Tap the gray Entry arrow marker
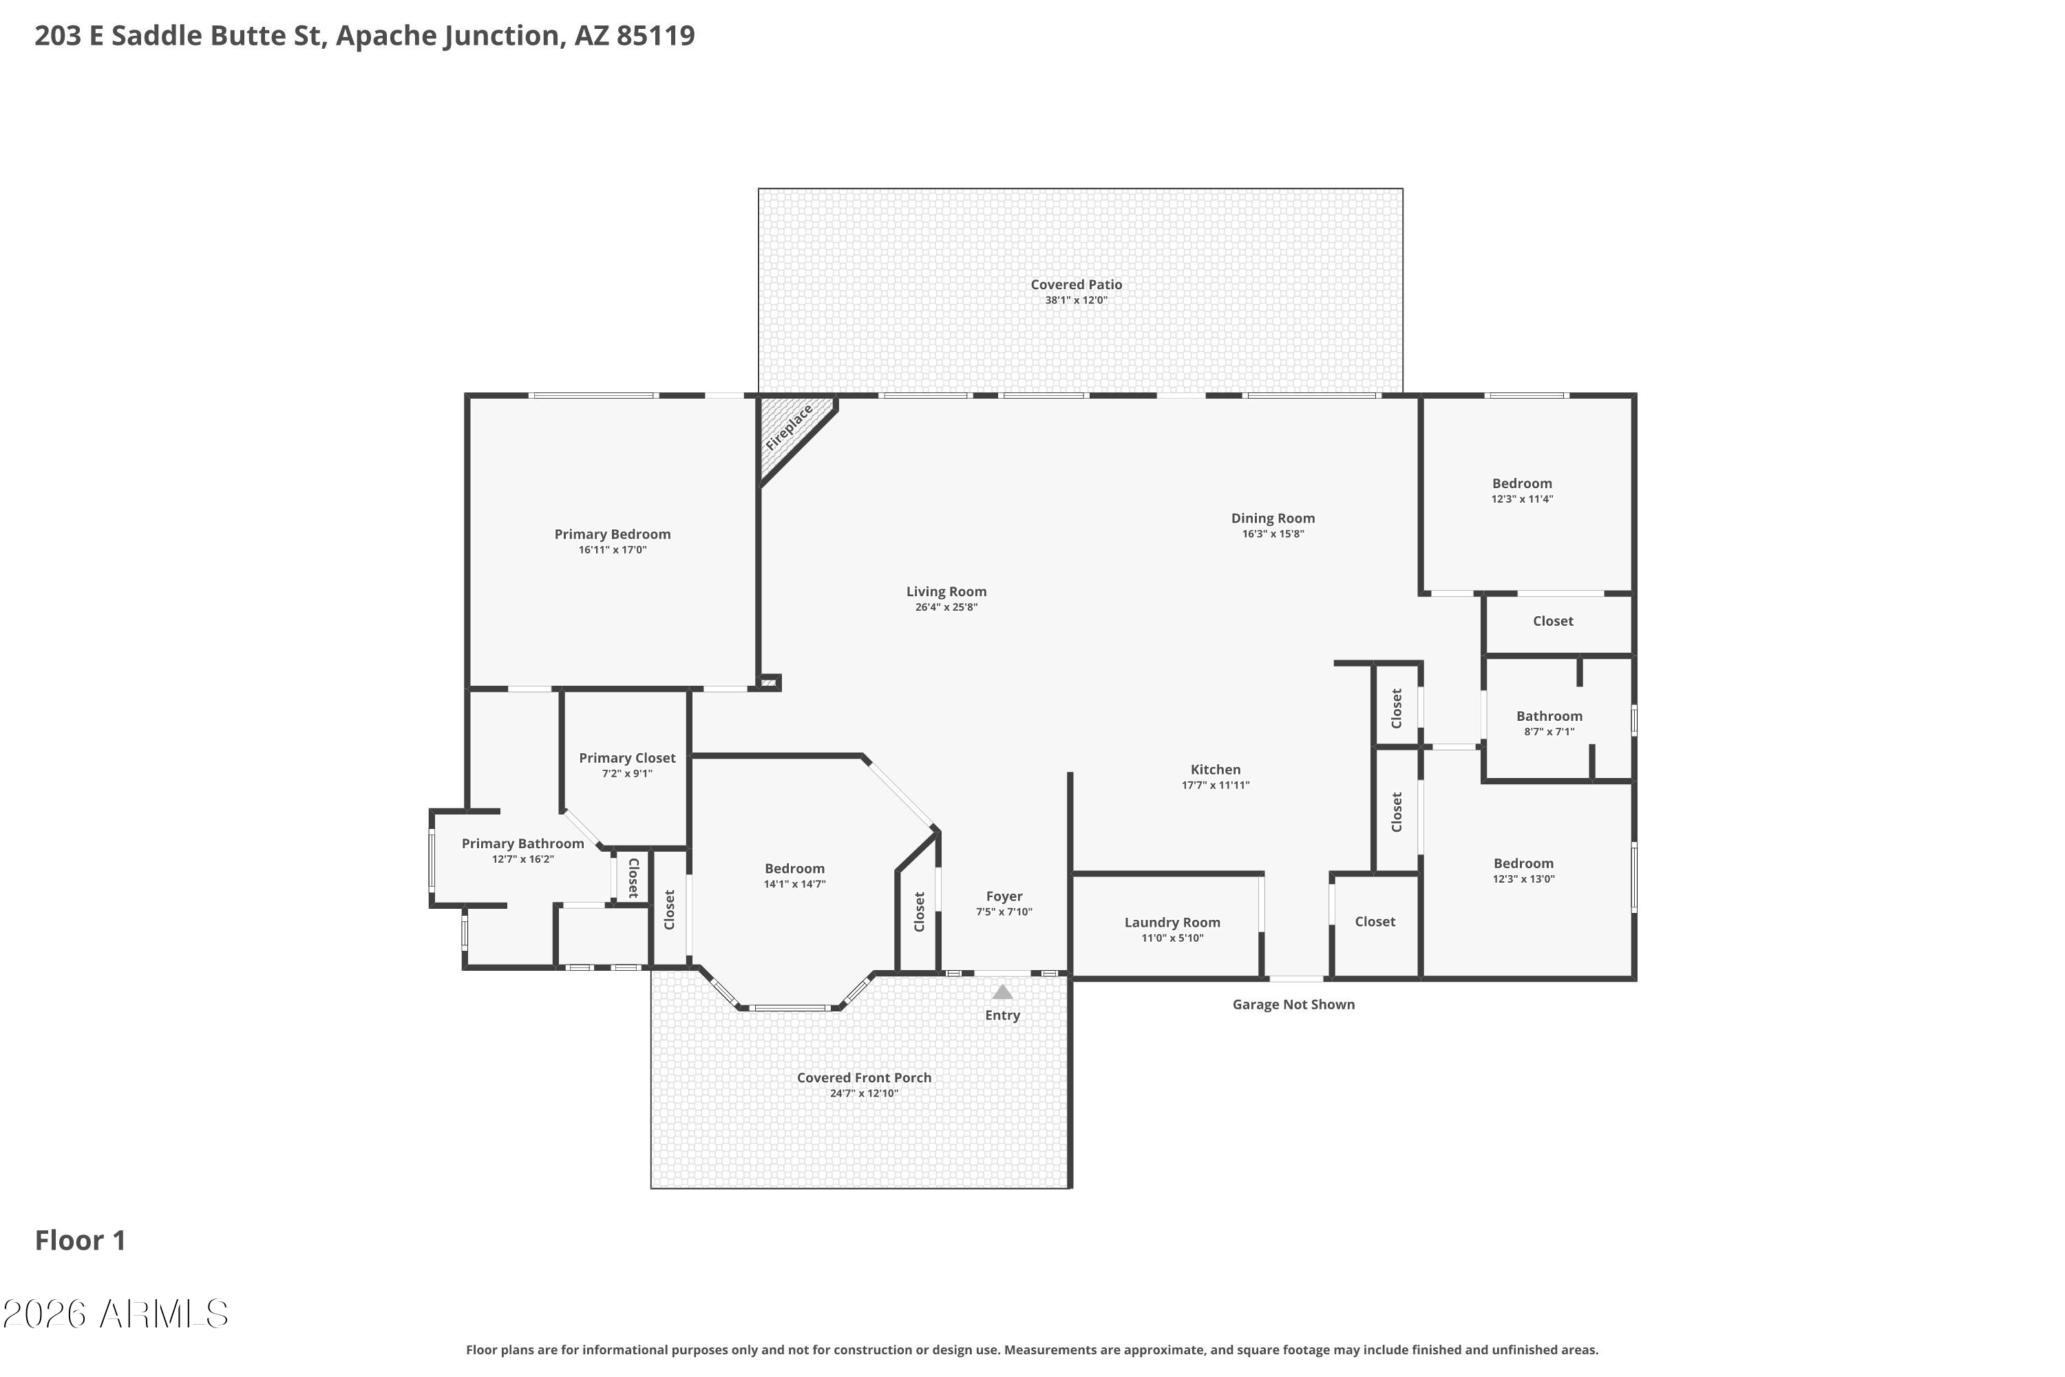point(1003,991)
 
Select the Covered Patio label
point(1077,284)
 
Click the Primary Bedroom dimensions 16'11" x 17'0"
point(613,549)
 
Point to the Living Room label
point(946,592)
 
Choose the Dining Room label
point(1273,518)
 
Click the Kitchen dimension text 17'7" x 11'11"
point(1216,785)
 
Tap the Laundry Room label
point(1172,922)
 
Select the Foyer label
point(1004,896)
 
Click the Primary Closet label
point(627,758)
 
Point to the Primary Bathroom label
point(523,844)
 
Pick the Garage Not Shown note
point(1293,1005)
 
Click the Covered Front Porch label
point(864,1078)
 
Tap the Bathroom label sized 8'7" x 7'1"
point(1549,717)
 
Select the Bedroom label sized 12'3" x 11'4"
point(1523,484)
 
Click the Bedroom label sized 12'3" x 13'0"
point(1524,864)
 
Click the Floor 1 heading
point(81,1240)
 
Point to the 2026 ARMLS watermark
point(115,1314)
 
